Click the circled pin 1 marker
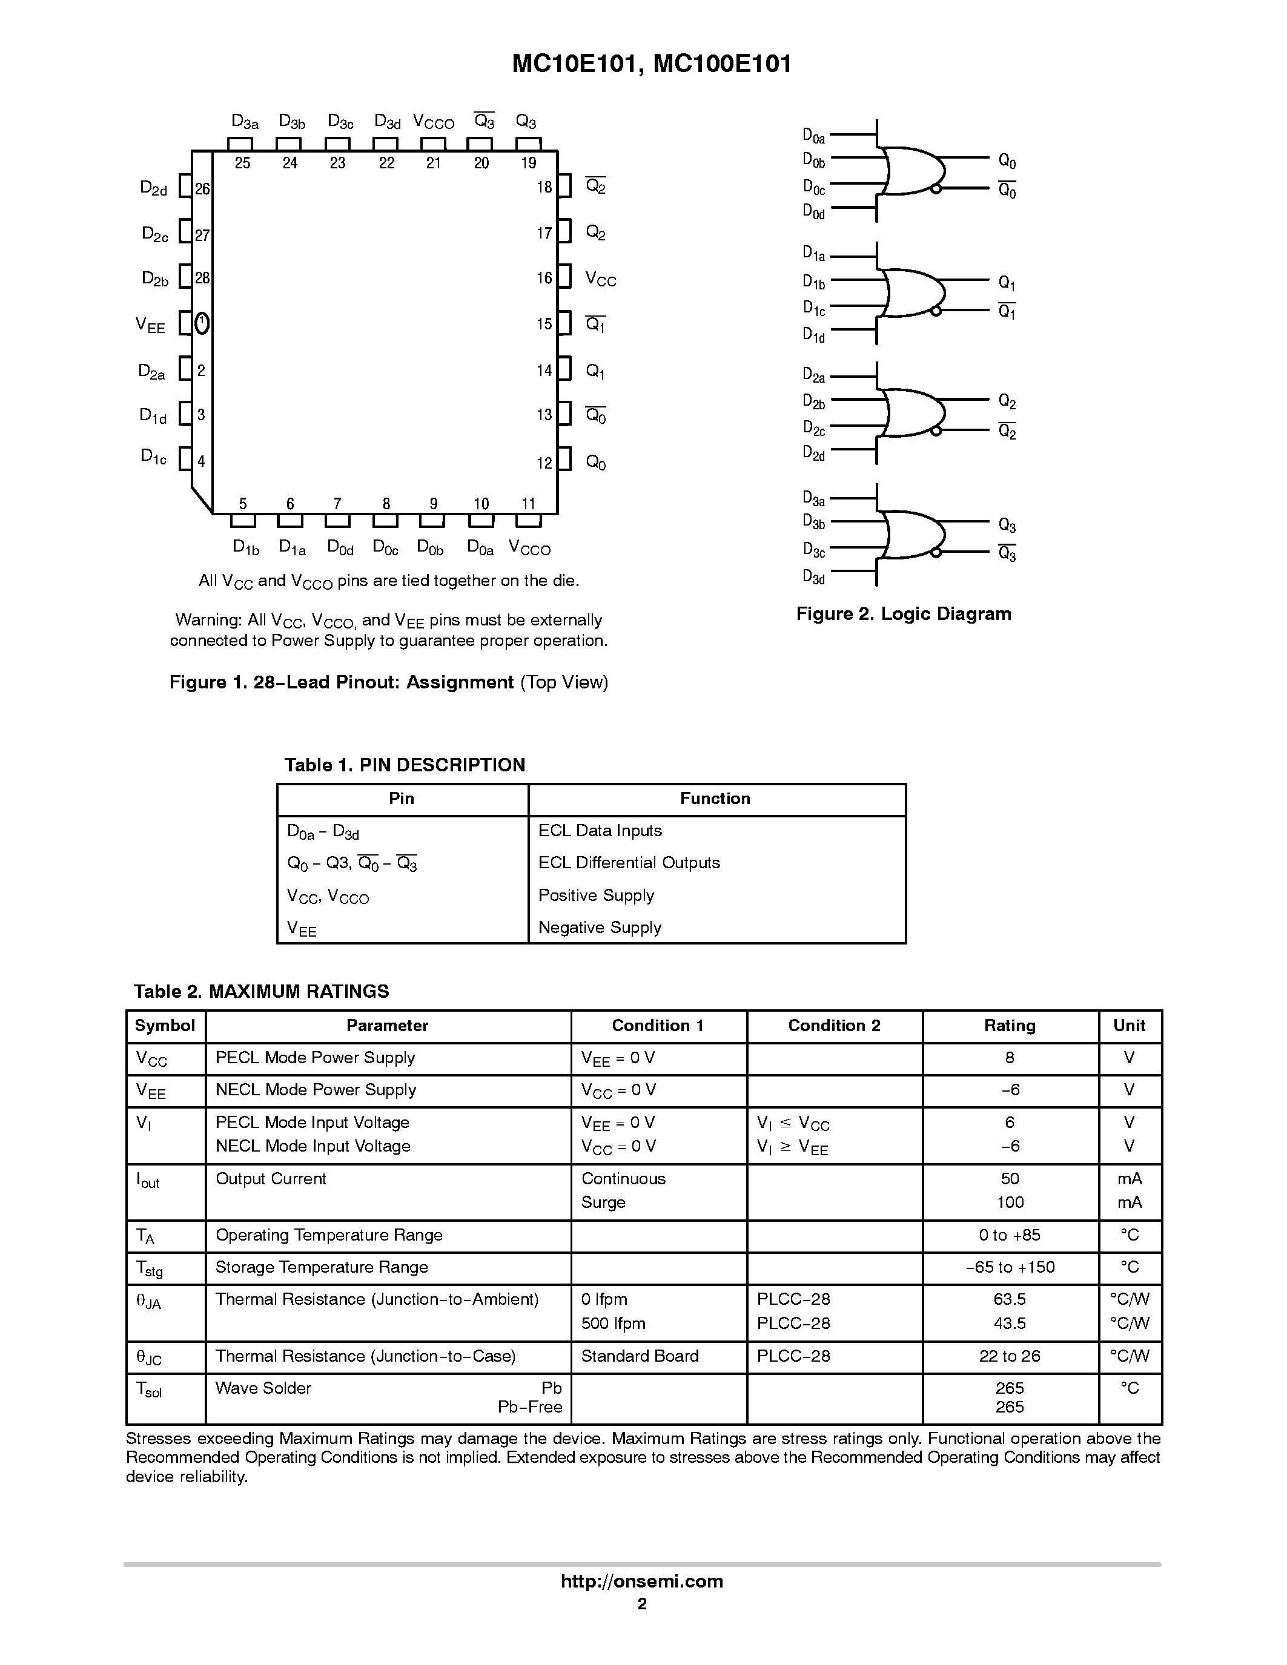(x=201, y=323)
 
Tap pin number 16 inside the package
(x=544, y=279)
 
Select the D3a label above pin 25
(x=245, y=122)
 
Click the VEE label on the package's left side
(x=150, y=326)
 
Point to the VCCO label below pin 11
(x=529, y=547)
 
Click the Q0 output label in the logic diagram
(x=1007, y=161)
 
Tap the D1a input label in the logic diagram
(x=813, y=254)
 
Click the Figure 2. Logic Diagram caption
(x=904, y=614)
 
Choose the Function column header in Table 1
(x=715, y=798)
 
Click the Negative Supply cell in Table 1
(x=599, y=927)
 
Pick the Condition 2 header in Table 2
(x=834, y=1026)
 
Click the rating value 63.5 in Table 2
(x=1010, y=1298)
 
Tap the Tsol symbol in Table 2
(x=148, y=1389)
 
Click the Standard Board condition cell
(x=639, y=1356)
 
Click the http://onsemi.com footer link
(x=642, y=1581)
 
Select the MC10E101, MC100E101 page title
(x=651, y=64)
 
